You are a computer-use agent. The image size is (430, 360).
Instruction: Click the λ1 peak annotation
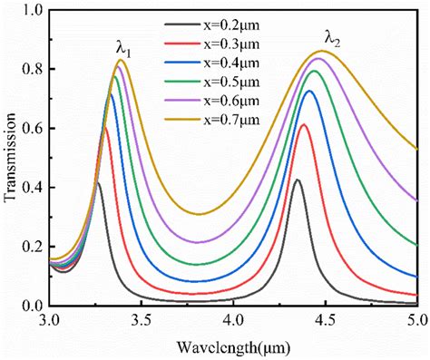[123, 53]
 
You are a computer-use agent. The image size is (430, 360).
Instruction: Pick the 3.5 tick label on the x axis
[142, 321]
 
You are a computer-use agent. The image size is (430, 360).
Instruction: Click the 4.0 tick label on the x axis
[234, 321]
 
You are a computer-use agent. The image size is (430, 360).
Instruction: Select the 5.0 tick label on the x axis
[416, 321]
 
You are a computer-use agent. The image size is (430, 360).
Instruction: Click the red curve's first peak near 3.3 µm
[106, 128]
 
